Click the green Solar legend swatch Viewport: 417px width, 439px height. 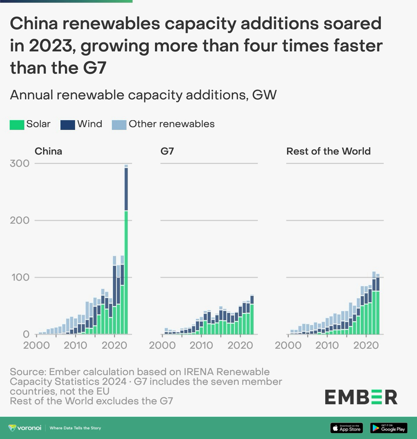pyautogui.click(x=17, y=125)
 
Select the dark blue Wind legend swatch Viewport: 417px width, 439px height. pyautogui.click(x=67, y=125)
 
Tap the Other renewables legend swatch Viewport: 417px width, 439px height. pyautogui.click(x=119, y=125)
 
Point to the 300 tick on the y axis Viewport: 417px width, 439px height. pyautogui.click(x=19, y=163)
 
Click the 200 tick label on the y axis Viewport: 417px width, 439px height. pyautogui.click(x=19, y=220)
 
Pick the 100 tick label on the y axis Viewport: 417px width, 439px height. pyautogui.click(x=19, y=277)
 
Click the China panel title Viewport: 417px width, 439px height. pyautogui.click(x=48, y=151)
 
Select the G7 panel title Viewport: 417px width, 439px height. pyautogui.click(x=167, y=151)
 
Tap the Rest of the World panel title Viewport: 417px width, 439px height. pyautogui.click(x=328, y=151)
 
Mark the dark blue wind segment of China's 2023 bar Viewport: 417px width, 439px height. pyautogui.click(x=126, y=189)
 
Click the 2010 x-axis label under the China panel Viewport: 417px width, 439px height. pyautogui.click(x=75, y=345)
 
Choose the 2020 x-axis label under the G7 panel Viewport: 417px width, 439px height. pyautogui.click(x=240, y=345)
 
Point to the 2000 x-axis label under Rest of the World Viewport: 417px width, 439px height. pyautogui.click(x=288, y=345)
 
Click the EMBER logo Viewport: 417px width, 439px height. pyautogui.click(x=361, y=397)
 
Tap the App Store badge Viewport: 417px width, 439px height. pyautogui.click(x=346, y=428)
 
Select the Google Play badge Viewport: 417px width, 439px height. pyautogui.click(x=389, y=428)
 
